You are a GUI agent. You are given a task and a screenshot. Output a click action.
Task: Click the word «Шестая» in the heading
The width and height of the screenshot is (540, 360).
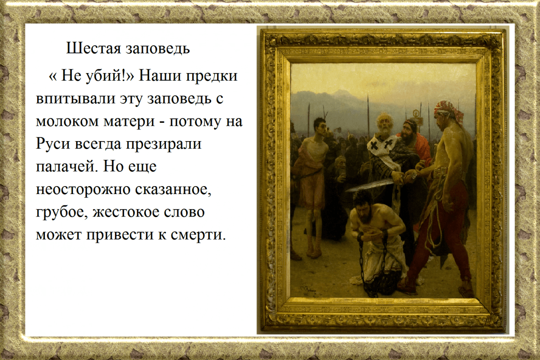click(x=93, y=48)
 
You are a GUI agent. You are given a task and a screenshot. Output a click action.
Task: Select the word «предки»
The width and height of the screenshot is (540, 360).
click(x=212, y=76)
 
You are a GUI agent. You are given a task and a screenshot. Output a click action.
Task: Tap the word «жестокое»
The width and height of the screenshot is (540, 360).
click(x=126, y=212)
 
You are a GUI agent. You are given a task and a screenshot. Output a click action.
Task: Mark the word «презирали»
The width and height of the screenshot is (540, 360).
click(x=164, y=144)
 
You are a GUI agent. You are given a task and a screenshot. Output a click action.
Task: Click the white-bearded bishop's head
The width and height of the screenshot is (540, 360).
click(x=384, y=126)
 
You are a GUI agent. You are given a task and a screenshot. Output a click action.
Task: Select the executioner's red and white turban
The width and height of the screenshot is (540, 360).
click(x=448, y=110)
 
